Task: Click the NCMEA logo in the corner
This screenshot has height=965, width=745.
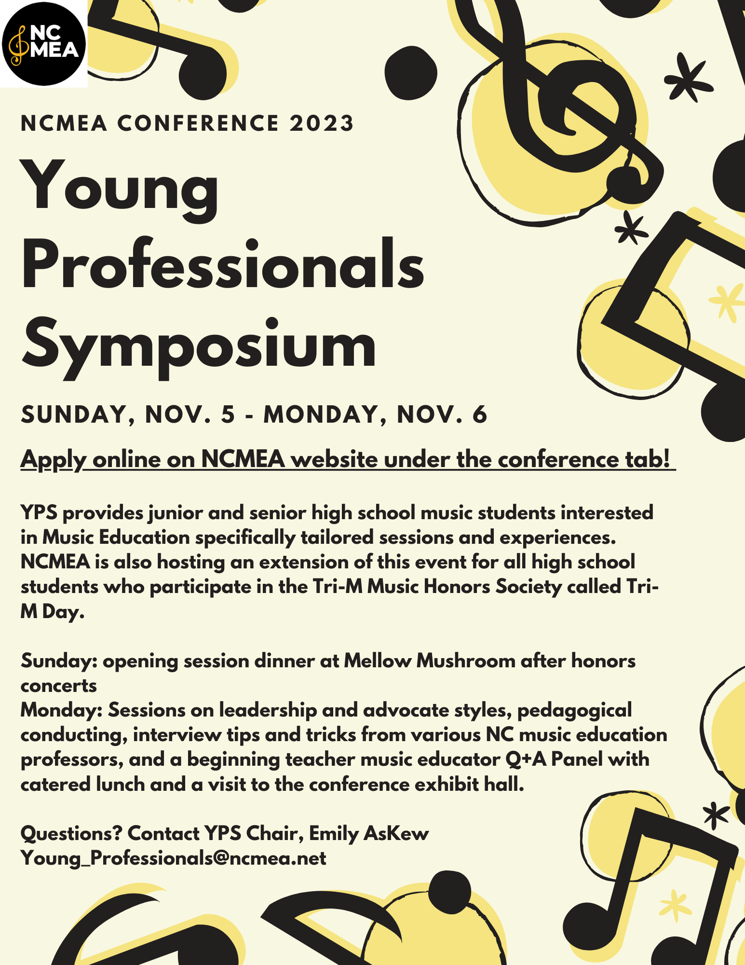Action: tap(43, 43)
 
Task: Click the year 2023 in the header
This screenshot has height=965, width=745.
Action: tap(322, 123)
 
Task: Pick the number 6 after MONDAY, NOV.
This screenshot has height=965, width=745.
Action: tap(480, 414)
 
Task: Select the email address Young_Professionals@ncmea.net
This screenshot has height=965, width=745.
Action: tap(174, 858)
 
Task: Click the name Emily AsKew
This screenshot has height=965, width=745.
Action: tap(369, 833)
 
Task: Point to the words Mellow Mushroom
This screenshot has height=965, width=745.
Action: tap(429, 661)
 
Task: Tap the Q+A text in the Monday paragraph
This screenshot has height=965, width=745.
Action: tap(526, 759)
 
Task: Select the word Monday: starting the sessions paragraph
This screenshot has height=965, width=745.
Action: tap(61, 710)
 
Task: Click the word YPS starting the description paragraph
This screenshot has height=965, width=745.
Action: tap(39, 512)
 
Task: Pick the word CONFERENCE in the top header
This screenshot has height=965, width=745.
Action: tap(198, 123)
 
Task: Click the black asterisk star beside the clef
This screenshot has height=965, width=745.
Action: tap(687, 77)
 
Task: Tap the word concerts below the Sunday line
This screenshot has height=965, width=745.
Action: tap(59, 685)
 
